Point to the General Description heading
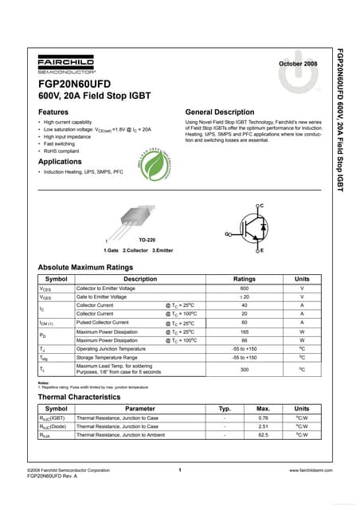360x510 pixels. point(219,112)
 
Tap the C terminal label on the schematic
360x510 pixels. point(261,206)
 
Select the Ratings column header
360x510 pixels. point(244,279)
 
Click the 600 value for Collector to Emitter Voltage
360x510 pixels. point(244,288)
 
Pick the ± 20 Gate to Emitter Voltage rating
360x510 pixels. point(244,296)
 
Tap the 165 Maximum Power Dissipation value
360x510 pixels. point(244,331)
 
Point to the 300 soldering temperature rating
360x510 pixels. point(244,370)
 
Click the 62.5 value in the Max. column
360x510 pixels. point(263,435)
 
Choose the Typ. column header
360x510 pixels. point(225,409)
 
